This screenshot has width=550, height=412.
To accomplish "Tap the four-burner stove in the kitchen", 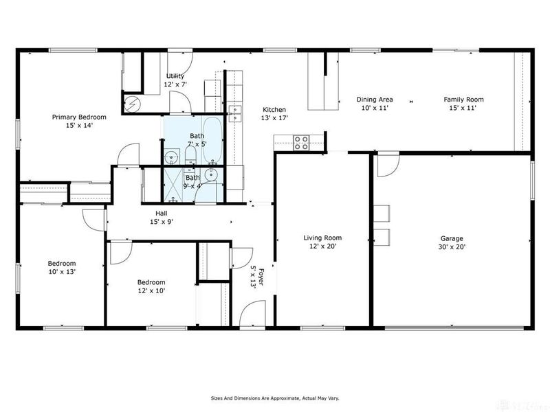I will [x=301, y=143].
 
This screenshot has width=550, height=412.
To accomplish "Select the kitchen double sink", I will [x=234, y=110].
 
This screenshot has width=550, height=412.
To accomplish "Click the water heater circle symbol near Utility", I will [x=132, y=103].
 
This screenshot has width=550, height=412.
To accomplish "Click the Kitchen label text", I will [x=274, y=110].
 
